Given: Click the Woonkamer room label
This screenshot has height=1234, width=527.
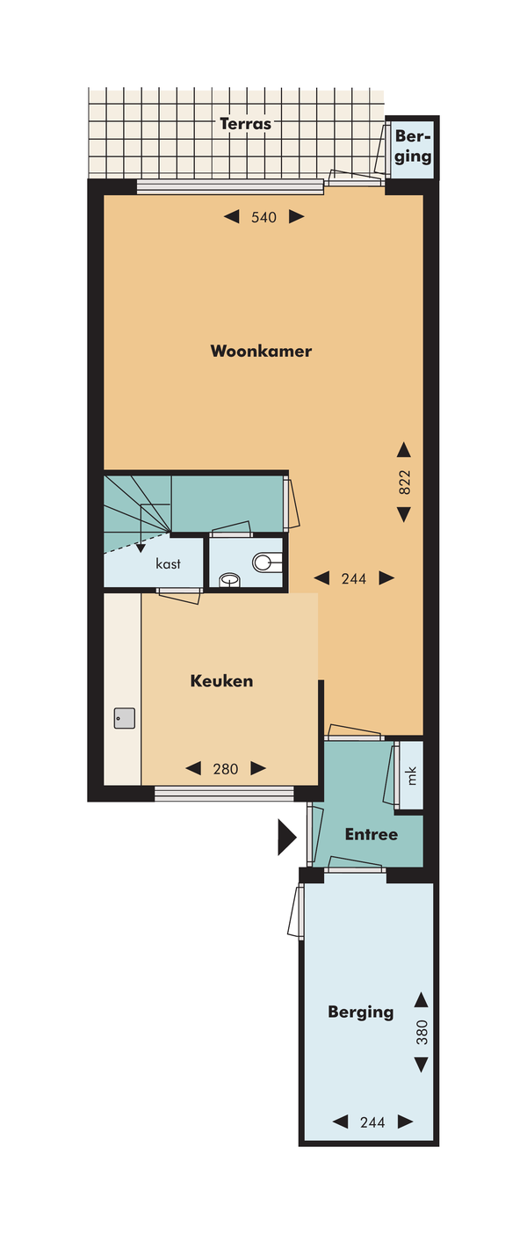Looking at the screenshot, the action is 261,351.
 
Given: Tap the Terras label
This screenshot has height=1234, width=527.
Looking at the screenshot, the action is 245,124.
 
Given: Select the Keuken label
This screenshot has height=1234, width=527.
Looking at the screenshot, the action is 221,681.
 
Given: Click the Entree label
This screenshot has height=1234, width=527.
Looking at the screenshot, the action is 372,834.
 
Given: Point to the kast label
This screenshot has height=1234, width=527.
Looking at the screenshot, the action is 168,563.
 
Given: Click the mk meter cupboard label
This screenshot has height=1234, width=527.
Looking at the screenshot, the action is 411,776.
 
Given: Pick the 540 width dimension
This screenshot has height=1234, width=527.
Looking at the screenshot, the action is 263,217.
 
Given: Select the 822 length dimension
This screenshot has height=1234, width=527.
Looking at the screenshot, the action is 404,482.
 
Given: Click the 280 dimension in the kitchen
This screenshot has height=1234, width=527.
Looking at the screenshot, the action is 225,768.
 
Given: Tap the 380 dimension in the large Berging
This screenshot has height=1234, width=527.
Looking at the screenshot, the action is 422,1032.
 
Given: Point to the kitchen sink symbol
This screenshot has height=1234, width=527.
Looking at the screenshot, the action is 125,718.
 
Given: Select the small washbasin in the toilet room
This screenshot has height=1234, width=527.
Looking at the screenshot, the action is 229,580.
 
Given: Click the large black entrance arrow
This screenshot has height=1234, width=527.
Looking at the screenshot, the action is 287,838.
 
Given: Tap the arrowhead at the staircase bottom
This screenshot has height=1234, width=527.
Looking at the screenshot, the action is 141,548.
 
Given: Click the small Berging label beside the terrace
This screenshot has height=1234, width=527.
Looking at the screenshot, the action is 413,147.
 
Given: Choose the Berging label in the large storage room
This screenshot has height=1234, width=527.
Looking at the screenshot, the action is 361,1013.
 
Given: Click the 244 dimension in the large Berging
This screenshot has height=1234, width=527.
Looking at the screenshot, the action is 372,1122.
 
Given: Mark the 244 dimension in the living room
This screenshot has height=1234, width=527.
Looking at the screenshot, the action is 354,578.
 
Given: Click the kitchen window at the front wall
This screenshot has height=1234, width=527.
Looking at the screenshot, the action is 224,794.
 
